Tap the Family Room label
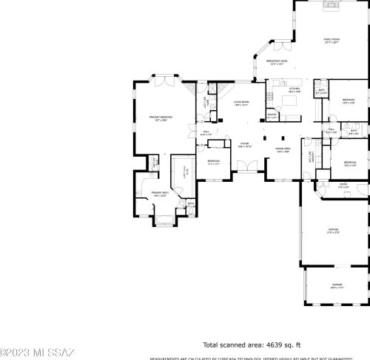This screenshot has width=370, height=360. [x=331, y=40]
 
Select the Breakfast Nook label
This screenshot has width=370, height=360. [x=277, y=63]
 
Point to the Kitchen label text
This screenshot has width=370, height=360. [x=295, y=89]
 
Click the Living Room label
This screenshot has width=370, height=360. [x=242, y=102]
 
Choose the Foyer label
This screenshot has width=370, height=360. [x=243, y=143]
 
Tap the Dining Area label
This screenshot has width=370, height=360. [x=283, y=149]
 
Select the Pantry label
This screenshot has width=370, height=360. [x=272, y=115]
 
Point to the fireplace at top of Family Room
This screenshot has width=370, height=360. [x=331, y=3]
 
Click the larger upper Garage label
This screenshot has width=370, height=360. [x=334, y=230]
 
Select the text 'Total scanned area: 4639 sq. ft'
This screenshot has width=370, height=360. [x=252, y=344]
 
